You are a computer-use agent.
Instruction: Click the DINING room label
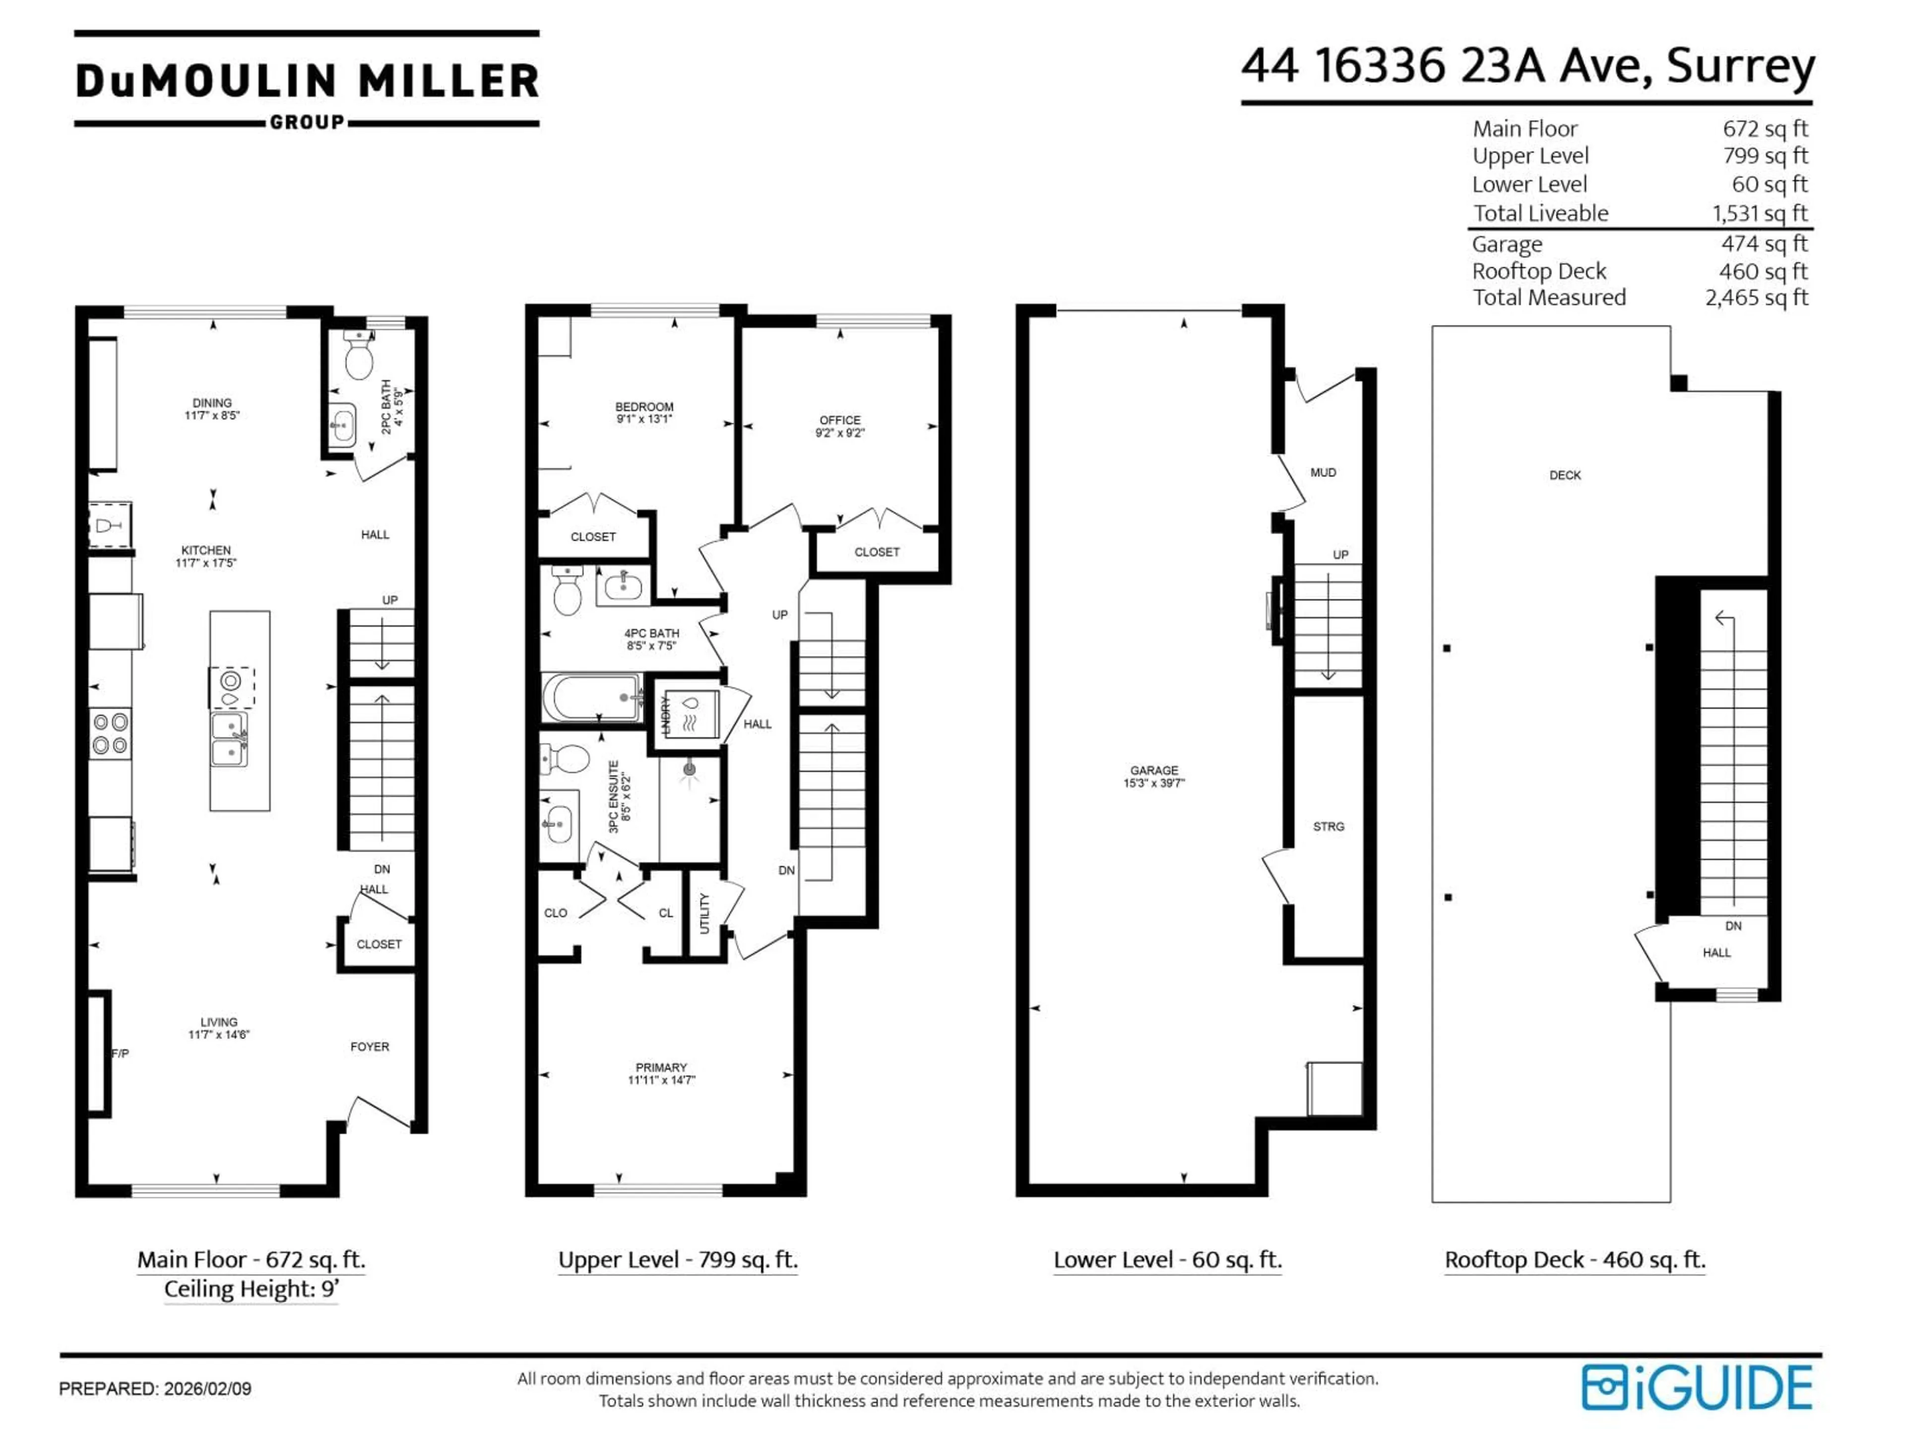212,403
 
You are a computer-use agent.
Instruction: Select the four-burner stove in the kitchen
110,733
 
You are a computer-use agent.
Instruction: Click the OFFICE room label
840,420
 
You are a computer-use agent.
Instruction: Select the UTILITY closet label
704,913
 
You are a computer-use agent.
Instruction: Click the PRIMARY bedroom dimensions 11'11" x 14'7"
661,1080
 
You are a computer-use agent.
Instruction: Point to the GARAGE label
1154,771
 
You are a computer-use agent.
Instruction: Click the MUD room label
1323,473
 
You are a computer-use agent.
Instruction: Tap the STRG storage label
1328,827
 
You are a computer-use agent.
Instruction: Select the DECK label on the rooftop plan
1565,475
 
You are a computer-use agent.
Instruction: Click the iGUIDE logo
1697,1388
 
